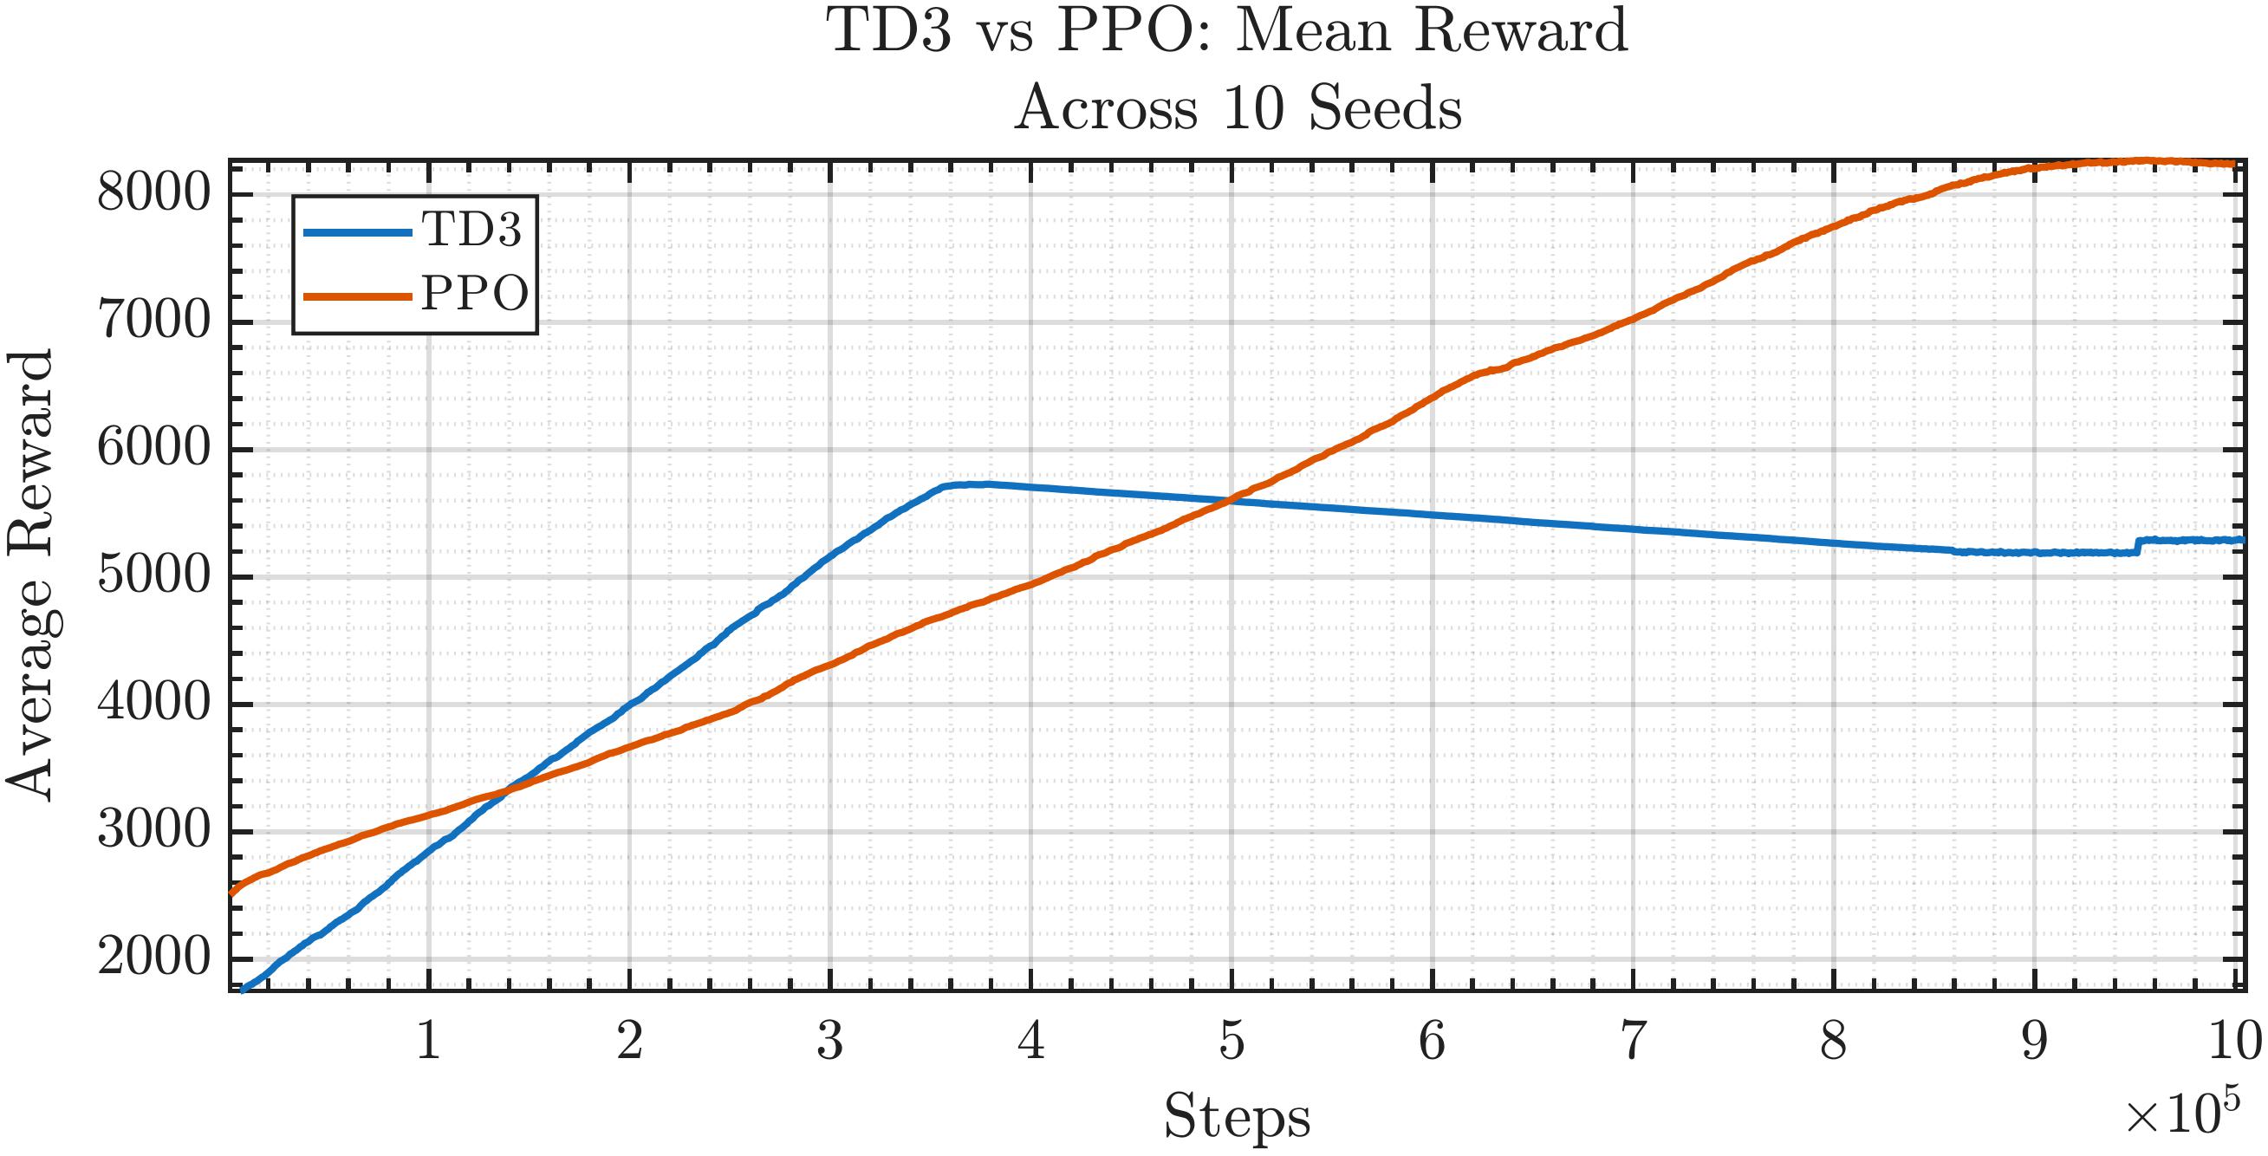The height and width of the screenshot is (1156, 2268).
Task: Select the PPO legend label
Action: point(475,293)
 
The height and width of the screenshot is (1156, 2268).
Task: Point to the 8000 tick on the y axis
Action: point(154,192)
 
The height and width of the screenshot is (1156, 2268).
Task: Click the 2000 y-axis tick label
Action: point(154,957)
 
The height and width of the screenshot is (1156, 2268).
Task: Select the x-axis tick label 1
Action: point(429,1042)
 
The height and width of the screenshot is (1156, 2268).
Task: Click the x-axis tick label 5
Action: point(1231,1042)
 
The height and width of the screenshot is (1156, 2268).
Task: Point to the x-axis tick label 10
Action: point(2234,1042)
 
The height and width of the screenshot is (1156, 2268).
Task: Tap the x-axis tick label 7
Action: point(1634,1042)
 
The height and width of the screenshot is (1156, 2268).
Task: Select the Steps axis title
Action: point(1236,1117)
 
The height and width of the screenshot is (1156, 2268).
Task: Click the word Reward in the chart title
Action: point(1520,32)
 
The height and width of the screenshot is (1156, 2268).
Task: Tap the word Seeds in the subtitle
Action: point(1384,109)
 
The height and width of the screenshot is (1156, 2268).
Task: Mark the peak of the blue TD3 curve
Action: point(978,484)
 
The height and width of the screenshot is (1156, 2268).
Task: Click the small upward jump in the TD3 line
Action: point(2138,546)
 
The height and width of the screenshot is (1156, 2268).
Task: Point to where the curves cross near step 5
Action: point(1230,500)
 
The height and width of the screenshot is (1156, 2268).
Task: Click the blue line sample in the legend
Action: point(356,232)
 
